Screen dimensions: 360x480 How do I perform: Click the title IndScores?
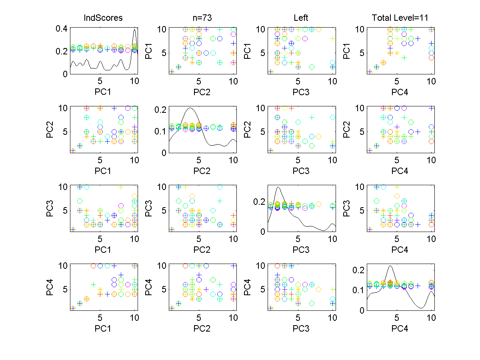[x=103, y=18]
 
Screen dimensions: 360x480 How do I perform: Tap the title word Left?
[x=301, y=18]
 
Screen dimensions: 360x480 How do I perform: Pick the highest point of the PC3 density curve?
[x=278, y=187]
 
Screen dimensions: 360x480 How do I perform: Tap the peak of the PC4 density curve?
[x=390, y=266]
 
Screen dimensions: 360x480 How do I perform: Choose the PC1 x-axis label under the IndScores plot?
[x=103, y=92]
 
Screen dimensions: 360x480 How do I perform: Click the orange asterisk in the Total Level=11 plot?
[x=397, y=53]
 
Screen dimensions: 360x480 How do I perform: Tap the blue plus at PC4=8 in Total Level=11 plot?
[x=418, y=39]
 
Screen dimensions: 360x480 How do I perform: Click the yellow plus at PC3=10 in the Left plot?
[x=332, y=39]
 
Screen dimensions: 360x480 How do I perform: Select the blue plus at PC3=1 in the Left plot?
[x=270, y=72]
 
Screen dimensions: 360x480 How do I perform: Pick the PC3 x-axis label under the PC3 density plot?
[x=301, y=250]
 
